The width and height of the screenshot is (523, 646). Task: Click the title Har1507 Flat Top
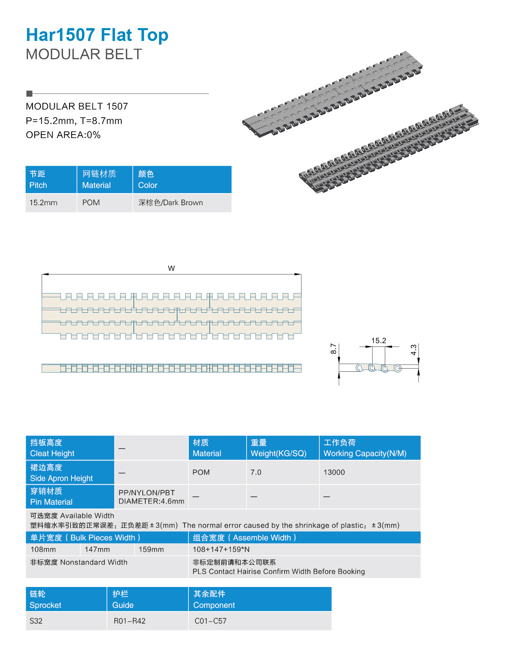[97, 35]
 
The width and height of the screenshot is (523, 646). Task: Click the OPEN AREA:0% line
[63, 135]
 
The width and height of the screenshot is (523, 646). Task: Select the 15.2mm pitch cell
[43, 203]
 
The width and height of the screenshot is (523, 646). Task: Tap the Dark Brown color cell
[171, 203]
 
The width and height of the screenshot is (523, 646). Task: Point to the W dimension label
[172, 268]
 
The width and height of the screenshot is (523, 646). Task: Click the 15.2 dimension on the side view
[378, 341]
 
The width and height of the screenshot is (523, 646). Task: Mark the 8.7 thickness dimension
[333, 348]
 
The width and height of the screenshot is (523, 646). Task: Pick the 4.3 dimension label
[414, 350]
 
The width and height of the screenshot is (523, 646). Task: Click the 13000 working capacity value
[334, 473]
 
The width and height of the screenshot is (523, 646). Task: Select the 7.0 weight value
[256, 473]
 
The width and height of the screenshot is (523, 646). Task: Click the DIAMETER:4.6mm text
[151, 501]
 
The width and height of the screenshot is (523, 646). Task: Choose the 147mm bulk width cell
[97, 550]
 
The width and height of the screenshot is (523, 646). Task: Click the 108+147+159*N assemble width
[221, 550]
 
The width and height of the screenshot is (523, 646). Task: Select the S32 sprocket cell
[36, 621]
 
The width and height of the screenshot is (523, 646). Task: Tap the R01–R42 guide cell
[130, 621]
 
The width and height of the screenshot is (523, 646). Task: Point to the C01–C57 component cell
[210, 621]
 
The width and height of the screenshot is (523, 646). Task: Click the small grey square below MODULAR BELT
[29, 94]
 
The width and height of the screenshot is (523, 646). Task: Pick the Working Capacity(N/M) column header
[365, 453]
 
